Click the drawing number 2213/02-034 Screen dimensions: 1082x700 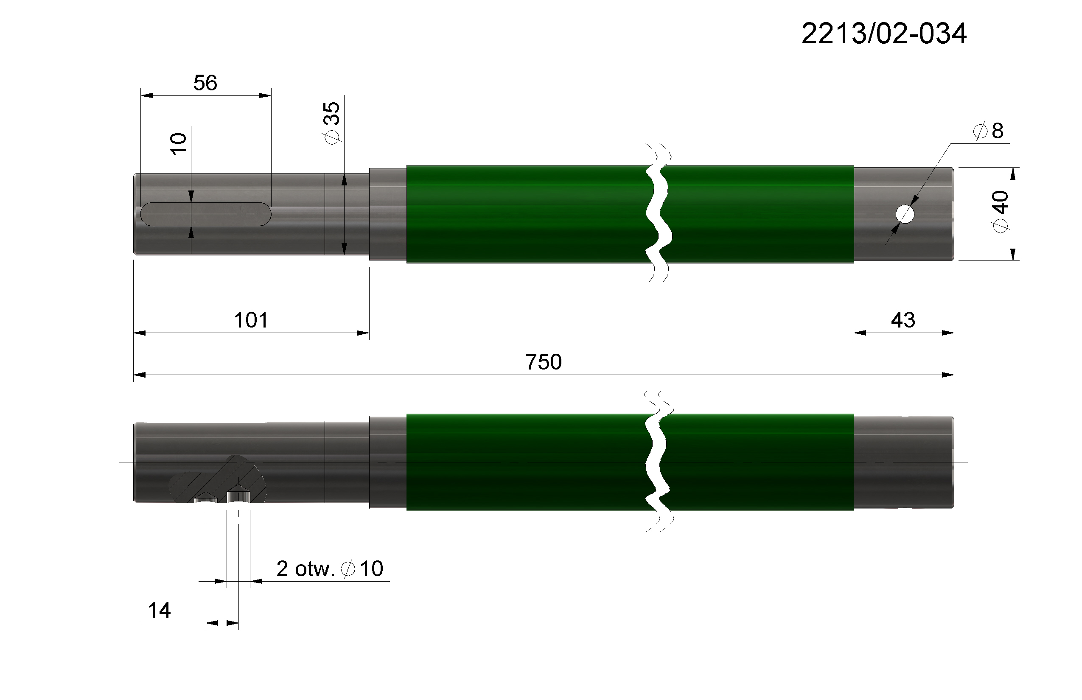tap(884, 34)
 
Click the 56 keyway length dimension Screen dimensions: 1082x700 tap(205, 83)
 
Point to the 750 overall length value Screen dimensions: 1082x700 tap(543, 362)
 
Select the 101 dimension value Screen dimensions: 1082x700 tap(251, 320)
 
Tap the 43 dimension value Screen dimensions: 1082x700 tap(903, 320)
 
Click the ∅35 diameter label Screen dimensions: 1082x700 tap(332, 123)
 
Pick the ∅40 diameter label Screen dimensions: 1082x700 tap(1001, 212)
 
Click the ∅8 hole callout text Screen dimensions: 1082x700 tap(987, 131)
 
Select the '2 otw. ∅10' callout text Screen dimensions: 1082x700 tap(330, 568)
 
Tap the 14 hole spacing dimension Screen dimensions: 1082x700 tap(159, 610)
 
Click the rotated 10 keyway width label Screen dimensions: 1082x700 tap(179, 144)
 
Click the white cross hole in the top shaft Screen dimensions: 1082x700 tap(905, 214)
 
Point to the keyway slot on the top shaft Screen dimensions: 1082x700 tap(206, 214)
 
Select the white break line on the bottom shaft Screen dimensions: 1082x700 tap(658, 462)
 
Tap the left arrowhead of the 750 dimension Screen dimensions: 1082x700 tap(139, 375)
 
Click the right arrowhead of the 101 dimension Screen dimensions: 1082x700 tap(363, 333)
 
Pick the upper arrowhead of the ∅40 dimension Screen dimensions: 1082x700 tap(1013, 173)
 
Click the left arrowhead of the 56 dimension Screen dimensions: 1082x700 tap(146, 95)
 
